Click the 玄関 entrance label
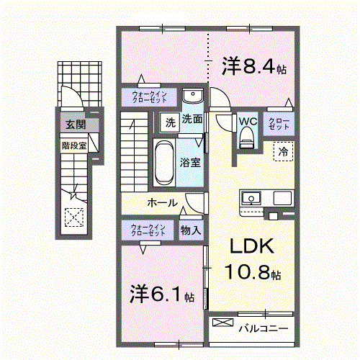tap(76, 125)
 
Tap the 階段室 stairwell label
tap(74, 145)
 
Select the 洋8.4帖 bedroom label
tap(254, 66)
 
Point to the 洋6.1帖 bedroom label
tap(162, 294)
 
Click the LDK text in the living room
tap(252, 246)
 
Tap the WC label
tap(248, 121)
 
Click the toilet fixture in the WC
tap(246, 138)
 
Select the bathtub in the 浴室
tap(164, 163)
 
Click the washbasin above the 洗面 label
tap(193, 96)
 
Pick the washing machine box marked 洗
tap(170, 122)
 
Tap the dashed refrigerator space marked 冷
tap(283, 151)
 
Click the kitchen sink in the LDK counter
tap(251, 198)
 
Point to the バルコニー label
tap(264, 328)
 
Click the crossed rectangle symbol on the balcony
tap(223, 323)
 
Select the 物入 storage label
tap(191, 230)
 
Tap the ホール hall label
tap(163, 203)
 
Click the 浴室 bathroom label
tap(190, 163)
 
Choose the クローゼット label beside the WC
tap(279, 124)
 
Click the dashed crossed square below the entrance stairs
tap(74, 217)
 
